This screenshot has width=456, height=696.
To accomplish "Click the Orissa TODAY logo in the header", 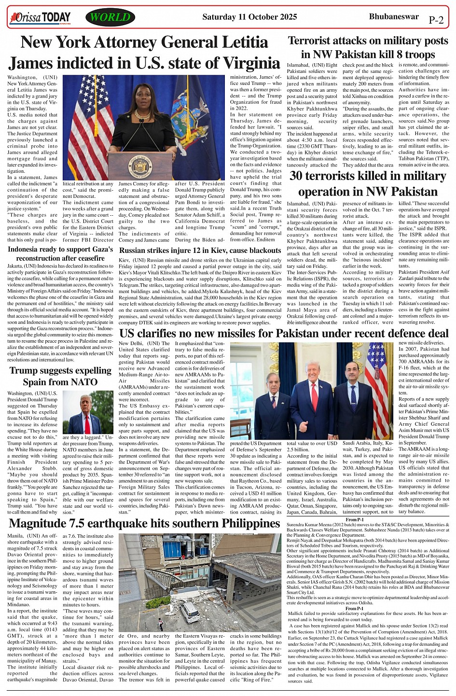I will (x=41, y=18).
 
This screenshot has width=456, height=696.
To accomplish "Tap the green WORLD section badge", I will (x=110, y=18).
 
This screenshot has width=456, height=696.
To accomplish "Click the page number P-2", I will (x=436, y=20).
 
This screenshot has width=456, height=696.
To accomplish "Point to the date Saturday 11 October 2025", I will (x=249, y=17).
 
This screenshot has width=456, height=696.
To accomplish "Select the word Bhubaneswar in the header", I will (x=394, y=17).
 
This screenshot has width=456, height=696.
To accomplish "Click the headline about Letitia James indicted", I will (x=144, y=53).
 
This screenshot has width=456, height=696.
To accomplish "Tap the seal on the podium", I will (x=140, y=167).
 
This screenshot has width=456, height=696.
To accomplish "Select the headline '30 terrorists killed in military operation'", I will (x=368, y=184).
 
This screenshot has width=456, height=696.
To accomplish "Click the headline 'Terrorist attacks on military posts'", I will (x=368, y=47).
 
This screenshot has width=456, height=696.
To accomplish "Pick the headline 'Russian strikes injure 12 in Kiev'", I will (x=200, y=251).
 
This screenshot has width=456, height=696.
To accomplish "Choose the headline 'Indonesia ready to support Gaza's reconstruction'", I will (x=60, y=254).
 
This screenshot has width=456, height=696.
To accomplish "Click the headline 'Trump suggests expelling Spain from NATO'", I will (x=60, y=376).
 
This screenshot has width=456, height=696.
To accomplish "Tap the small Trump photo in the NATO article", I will (x=88, y=412).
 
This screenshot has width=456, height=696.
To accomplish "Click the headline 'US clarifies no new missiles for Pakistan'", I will (x=284, y=334).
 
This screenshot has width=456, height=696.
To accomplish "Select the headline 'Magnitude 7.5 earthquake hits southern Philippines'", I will (x=144, y=524).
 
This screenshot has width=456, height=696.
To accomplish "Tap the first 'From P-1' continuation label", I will (x=354, y=519).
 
